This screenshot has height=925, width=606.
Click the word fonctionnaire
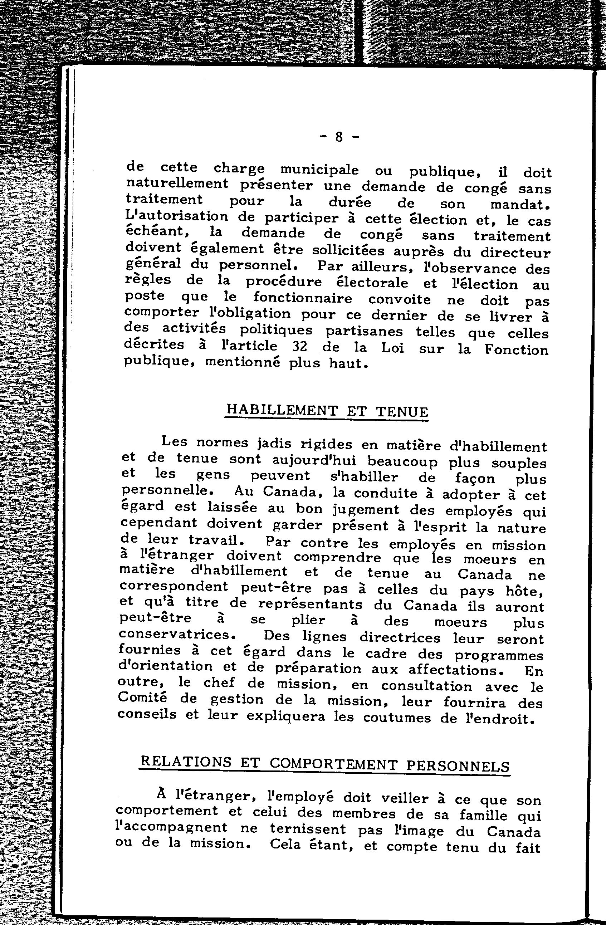click(302, 298)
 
